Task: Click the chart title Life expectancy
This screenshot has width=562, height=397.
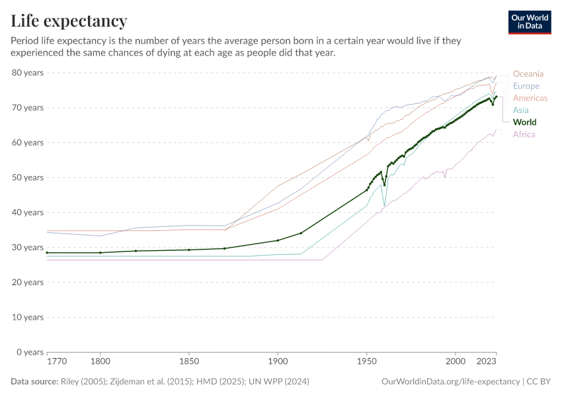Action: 69,21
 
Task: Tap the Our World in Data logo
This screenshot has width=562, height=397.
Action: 529,22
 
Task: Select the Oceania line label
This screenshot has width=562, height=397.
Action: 528,73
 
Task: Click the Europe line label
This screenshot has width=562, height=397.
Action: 526,86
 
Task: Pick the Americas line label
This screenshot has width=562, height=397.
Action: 530,98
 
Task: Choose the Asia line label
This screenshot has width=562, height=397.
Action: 521,110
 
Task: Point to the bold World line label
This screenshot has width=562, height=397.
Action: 524,122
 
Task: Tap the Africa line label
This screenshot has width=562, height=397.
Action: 524,134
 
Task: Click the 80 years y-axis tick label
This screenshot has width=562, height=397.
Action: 28,73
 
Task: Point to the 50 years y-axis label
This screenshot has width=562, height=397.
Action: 28,177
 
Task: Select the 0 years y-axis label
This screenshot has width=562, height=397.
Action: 30,352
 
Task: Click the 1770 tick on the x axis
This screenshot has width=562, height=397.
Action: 56,362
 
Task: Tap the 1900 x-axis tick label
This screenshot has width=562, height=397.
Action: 278,362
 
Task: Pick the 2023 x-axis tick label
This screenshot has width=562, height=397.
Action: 487,362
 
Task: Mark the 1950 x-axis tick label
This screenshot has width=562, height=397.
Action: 366,362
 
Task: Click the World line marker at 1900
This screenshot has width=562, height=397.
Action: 278,240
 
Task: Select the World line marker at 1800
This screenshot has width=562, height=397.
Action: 100,253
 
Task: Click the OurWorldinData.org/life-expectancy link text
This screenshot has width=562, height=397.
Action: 451,382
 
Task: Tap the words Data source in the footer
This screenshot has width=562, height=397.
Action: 35,382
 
